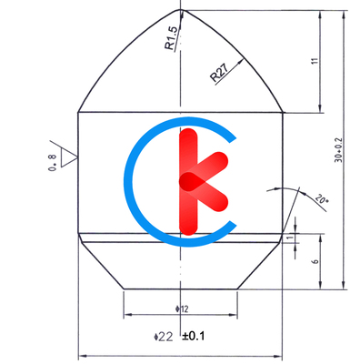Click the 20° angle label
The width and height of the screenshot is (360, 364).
[319, 198]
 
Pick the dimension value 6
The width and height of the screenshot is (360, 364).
[315, 261]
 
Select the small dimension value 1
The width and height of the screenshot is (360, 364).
[290, 238]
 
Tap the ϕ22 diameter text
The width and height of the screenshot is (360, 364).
[164, 336]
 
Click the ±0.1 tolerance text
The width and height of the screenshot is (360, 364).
[194, 336]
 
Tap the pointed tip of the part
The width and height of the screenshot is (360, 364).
[182, 10]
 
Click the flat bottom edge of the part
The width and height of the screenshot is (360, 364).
[180, 288]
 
